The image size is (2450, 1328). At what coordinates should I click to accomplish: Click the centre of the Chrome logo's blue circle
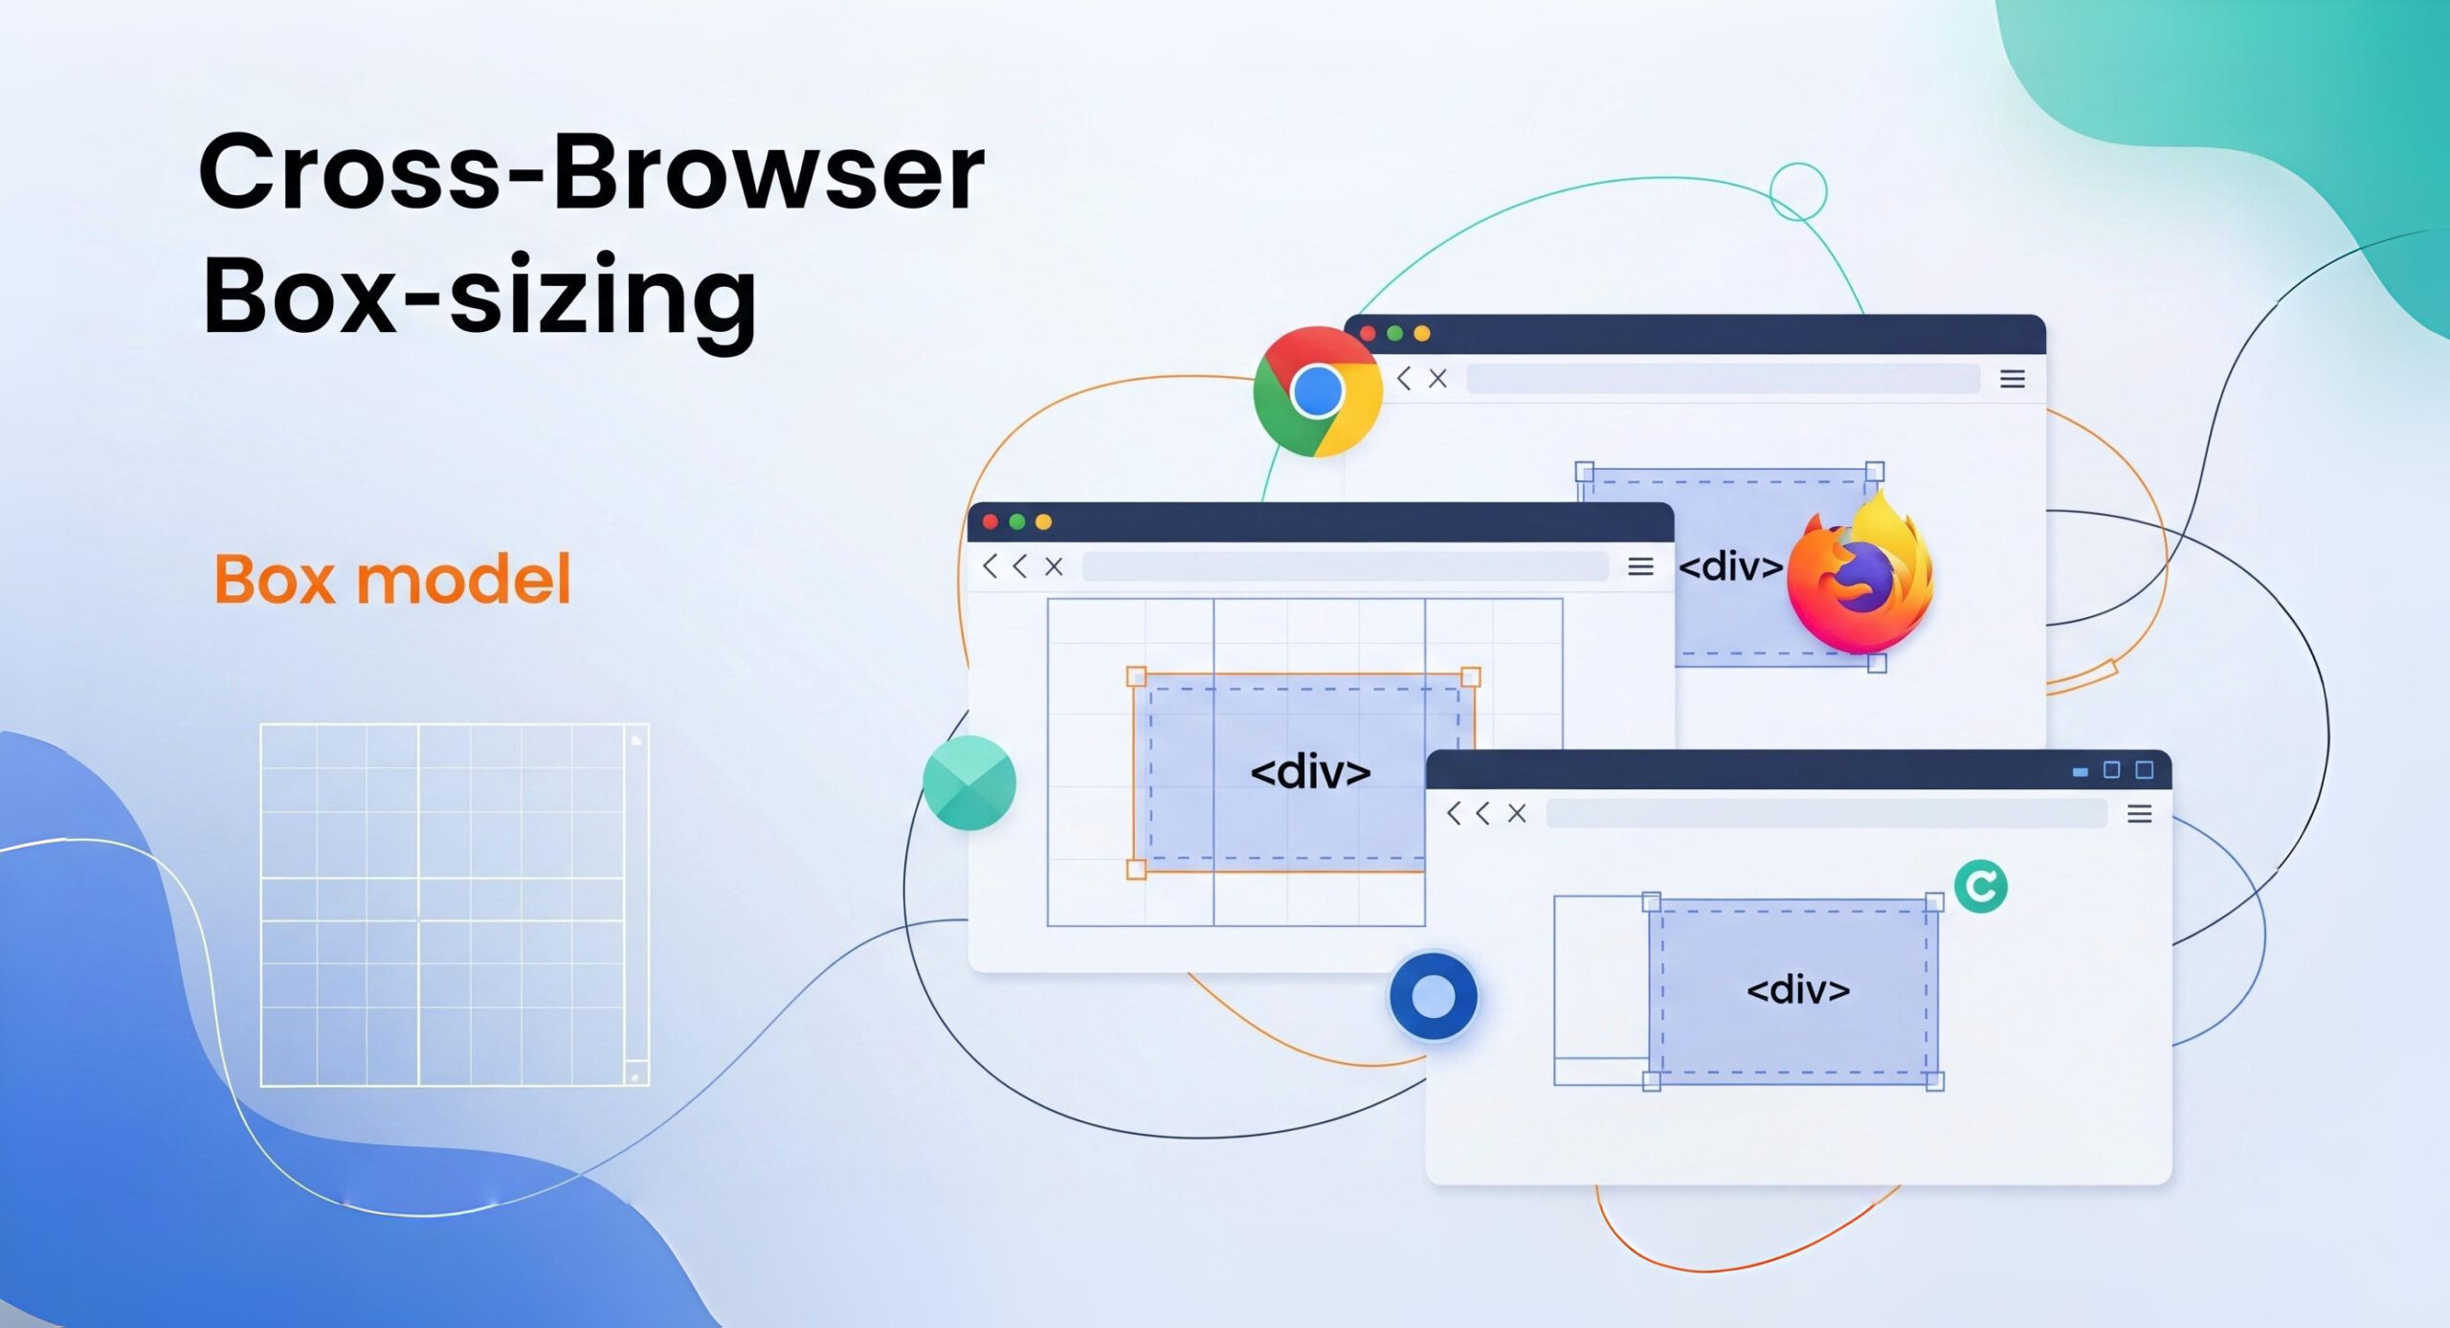point(1317,390)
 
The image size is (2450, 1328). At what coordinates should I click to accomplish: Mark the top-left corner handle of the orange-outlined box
point(1136,676)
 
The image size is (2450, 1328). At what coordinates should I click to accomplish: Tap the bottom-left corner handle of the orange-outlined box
point(1136,869)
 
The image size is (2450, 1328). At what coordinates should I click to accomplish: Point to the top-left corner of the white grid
point(261,725)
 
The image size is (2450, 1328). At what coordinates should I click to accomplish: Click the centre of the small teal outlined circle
point(1798,191)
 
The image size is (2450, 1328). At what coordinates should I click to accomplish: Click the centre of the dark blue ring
point(1433,996)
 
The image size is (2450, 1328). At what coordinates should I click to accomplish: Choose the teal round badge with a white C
point(1980,886)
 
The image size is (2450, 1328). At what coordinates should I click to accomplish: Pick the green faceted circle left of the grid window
point(969,783)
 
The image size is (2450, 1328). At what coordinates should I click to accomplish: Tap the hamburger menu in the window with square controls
point(2139,813)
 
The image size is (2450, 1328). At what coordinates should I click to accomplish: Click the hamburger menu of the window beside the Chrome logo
point(2012,379)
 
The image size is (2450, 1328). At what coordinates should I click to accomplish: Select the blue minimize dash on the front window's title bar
point(2080,771)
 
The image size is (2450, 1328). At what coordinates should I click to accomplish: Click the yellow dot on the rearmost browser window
point(1421,333)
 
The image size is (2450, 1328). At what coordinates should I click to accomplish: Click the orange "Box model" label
point(392,579)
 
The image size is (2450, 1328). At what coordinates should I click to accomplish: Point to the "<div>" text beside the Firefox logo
point(1730,566)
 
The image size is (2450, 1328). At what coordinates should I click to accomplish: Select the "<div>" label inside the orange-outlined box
point(1310,771)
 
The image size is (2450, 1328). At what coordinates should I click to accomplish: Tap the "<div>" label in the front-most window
point(1798,988)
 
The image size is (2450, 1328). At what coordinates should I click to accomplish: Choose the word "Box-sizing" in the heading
point(479,299)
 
